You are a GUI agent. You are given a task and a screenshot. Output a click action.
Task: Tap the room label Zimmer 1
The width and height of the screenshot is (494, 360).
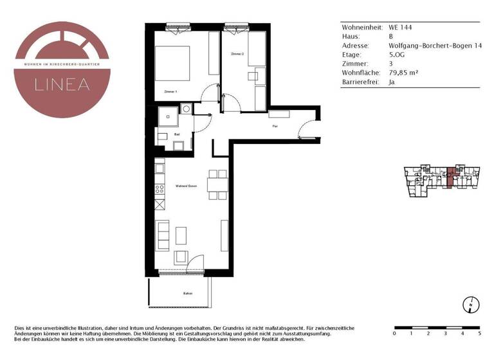(170, 92)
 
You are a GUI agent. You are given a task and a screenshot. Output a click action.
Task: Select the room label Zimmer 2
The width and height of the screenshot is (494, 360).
(237, 54)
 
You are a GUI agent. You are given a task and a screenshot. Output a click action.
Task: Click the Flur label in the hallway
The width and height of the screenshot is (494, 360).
(275, 127)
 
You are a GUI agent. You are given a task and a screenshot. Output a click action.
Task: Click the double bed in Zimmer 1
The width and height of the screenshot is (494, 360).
(173, 62)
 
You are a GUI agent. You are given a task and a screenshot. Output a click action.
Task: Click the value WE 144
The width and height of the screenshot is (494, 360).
(400, 28)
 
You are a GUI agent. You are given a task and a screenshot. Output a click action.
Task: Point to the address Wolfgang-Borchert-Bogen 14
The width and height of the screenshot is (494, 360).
(435, 46)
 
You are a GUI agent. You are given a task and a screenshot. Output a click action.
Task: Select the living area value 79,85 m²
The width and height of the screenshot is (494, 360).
(404, 73)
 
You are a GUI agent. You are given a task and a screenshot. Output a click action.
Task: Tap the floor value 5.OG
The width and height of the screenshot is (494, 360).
(398, 55)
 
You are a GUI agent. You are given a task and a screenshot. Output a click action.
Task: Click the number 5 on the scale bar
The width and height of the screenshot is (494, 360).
(479, 334)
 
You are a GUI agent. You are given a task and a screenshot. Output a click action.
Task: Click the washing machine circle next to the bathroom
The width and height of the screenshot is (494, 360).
(186, 109)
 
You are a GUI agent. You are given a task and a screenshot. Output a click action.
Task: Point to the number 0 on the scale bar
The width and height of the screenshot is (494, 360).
(394, 334)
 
